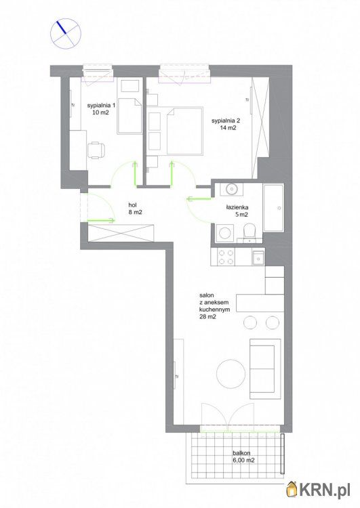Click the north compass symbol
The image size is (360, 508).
(x=65, y=34)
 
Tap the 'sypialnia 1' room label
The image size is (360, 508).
(x=102, y=105)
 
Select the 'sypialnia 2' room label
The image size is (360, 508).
(x=226, y=121)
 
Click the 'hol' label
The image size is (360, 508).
(x=132, y=205)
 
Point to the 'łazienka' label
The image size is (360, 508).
(x=237, y=207)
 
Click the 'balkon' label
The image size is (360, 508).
(x=241, y=453)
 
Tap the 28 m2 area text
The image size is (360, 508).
(x=208, y=317)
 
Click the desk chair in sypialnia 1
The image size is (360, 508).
(x=96, y=150)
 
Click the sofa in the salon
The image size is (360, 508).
(x=265, y=368)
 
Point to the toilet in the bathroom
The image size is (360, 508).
(x=249, y=232)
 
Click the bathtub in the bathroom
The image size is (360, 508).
(x=273, y=208)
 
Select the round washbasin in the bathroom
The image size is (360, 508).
(x=232, y=188)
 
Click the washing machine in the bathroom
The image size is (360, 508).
(x=224, y=232)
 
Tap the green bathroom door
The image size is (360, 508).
(x=199, y=198)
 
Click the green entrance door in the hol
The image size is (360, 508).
(x=101, y=221)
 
